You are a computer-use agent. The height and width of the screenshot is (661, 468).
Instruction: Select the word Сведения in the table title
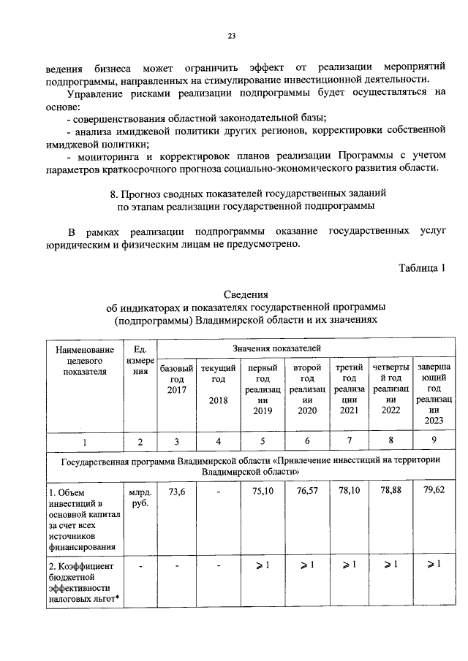coord(245,294)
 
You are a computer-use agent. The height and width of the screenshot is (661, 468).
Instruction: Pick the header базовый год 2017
coord(176,379)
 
